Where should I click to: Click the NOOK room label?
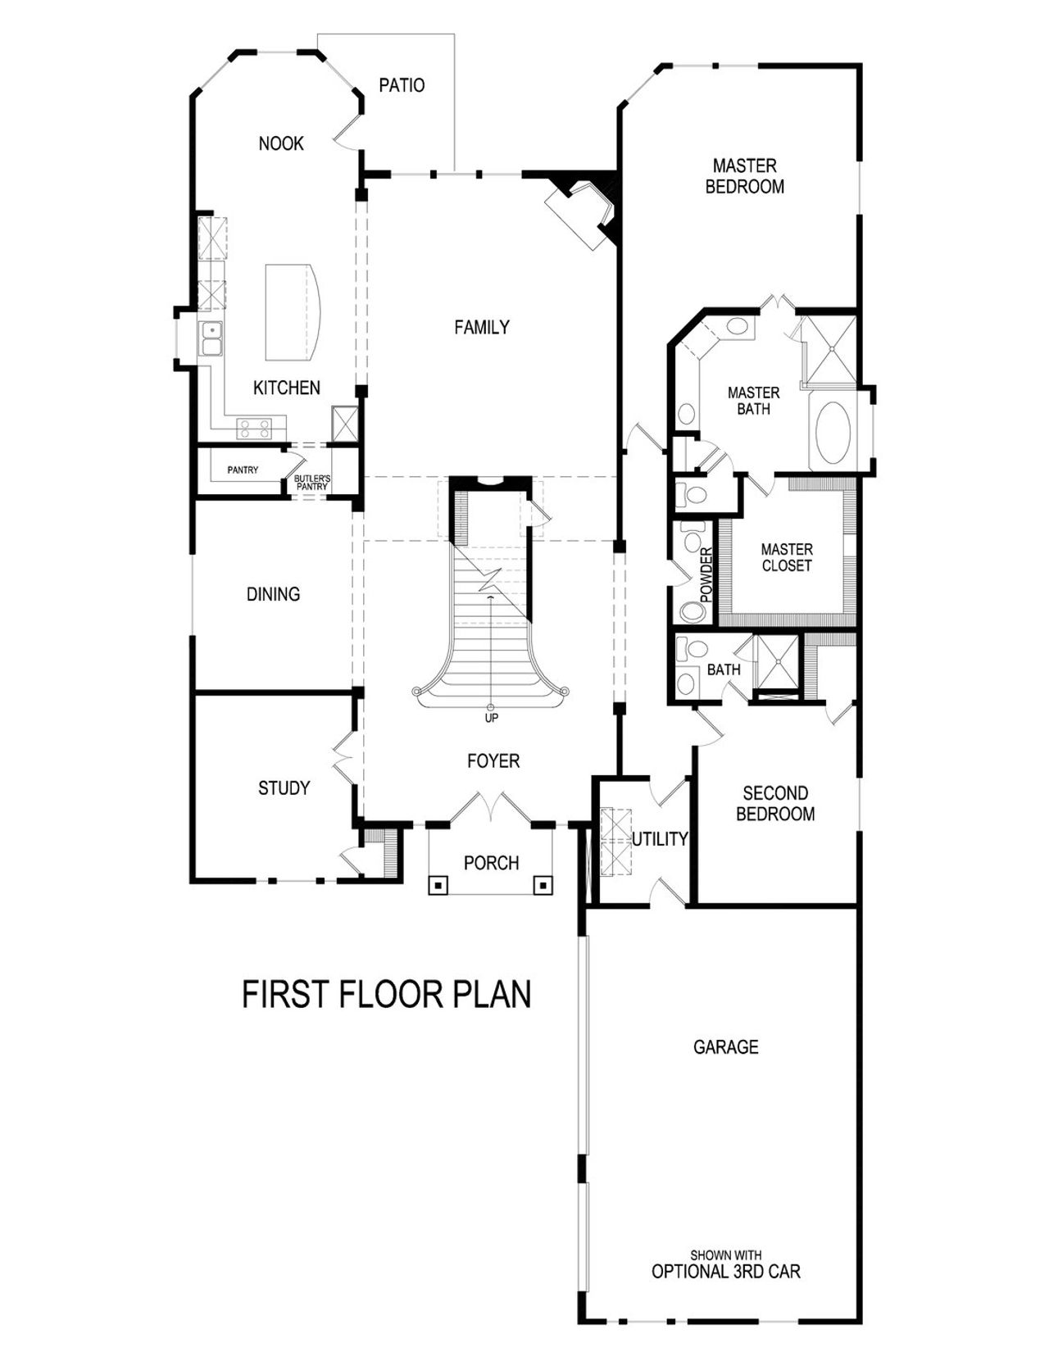coord(281,144)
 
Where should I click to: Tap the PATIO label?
coord(402,85)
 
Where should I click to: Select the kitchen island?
coord(290,311)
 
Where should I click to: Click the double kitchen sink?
coord(211,338)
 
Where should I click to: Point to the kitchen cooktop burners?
coord(254,426)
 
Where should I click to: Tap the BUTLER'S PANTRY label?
coord(312,483)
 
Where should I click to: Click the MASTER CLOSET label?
coord(787,557)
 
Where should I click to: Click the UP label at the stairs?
coord(491,718)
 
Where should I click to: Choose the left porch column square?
coord(439,885)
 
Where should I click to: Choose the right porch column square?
coord(543,885)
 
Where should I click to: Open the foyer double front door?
coord(490,807)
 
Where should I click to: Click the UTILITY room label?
coord(660,839)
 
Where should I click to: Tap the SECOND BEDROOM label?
coord(775,803)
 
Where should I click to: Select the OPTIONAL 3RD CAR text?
coord(725,1272)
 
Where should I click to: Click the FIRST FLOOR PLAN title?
coord(387,994)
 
